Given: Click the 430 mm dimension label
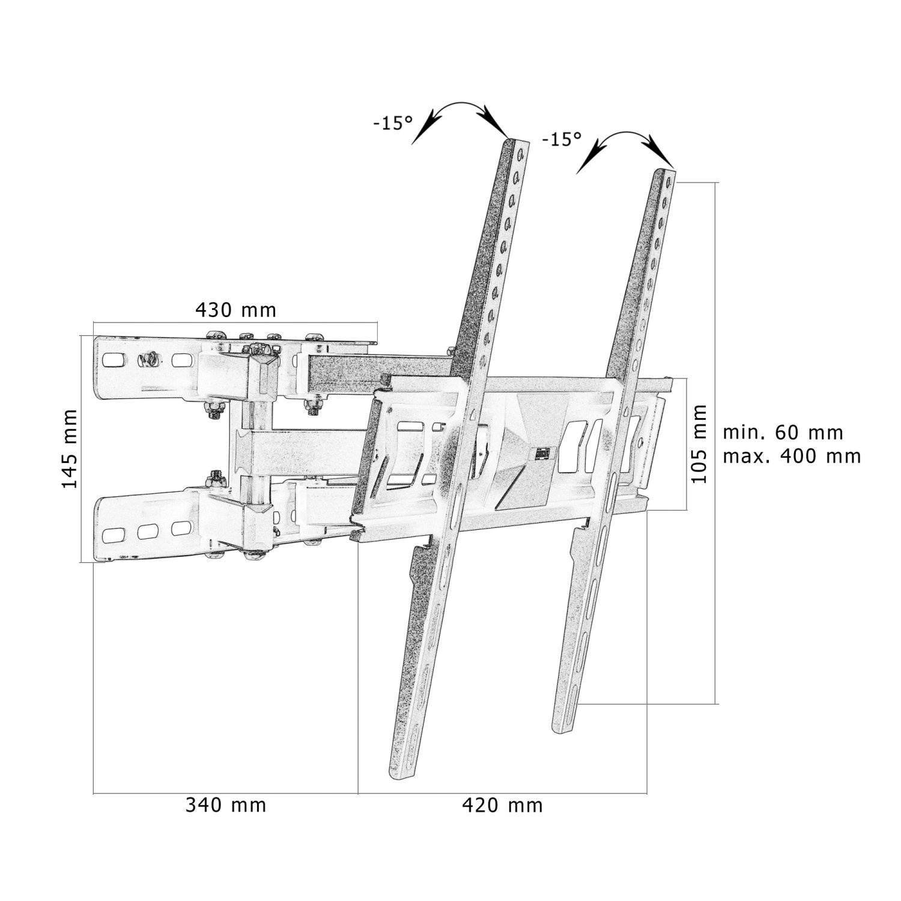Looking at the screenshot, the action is (235, 310).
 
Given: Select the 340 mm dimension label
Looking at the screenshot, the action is (225, 805).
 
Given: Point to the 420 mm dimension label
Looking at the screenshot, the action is (502, 805).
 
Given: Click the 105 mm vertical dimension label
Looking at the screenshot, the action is (699, 444).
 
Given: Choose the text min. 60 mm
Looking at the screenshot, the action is (783, 432).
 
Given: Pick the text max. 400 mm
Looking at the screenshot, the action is (792, 456).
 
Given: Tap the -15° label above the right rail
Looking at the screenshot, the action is (562, 139).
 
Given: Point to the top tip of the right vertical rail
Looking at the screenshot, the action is (663, 171).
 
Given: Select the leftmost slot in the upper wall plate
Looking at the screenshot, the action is (111, 361).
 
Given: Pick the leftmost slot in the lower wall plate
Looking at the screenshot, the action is (111, 534).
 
